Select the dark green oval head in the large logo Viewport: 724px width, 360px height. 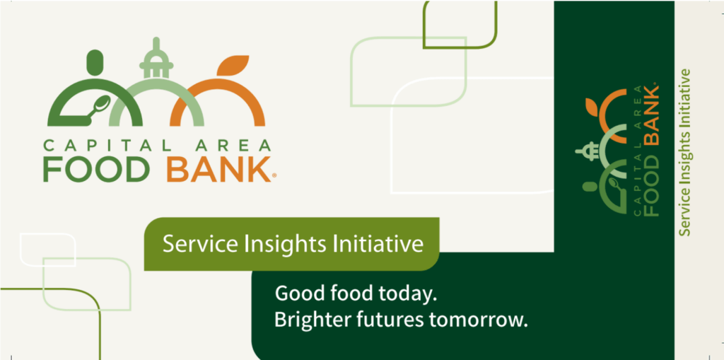pos(95,62)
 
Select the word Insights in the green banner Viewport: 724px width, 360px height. pos(271,244)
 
